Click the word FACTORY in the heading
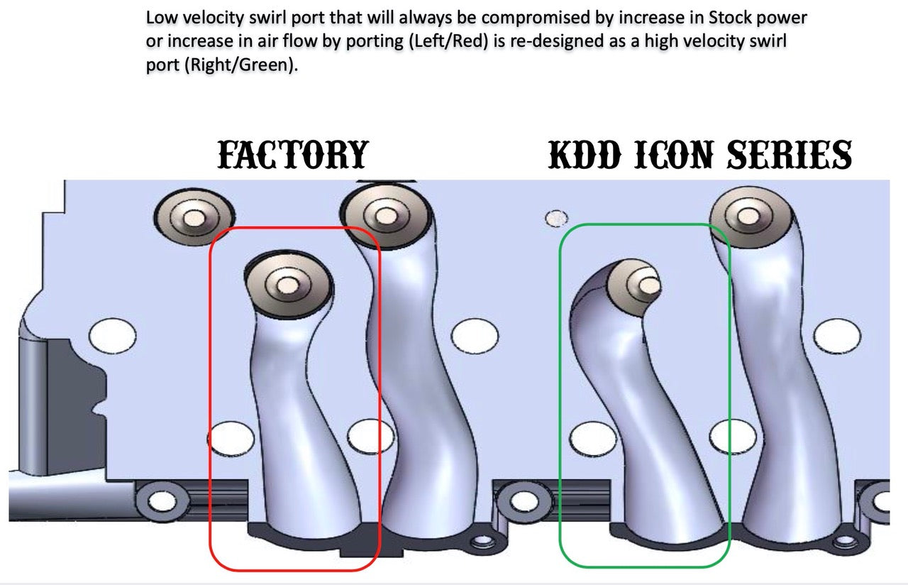292,155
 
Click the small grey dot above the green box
556,218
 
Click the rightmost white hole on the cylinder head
836,334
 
